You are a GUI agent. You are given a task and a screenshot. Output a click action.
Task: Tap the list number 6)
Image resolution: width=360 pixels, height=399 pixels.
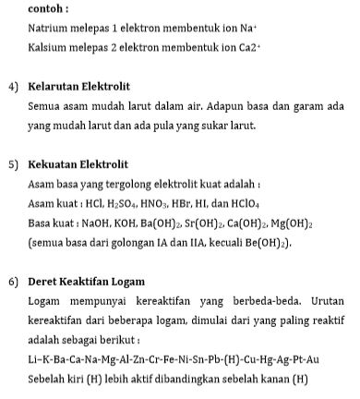pos(14,281)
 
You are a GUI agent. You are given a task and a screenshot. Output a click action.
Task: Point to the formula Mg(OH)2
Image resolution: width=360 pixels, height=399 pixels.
pos(292,224)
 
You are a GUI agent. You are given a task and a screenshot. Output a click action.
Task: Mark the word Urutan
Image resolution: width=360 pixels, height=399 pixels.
pos(324,301)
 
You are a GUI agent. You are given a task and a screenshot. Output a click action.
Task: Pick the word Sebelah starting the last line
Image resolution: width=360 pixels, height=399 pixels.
pos(50,378)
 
